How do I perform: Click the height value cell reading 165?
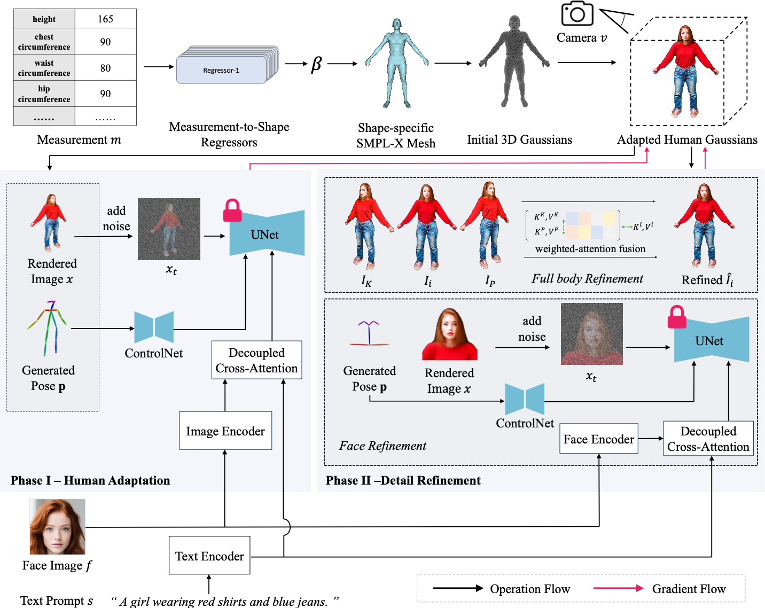106,19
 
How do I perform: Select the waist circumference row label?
44,67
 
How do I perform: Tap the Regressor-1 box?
221,70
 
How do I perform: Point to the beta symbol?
316,64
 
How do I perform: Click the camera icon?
577,13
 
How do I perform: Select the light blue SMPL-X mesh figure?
397,63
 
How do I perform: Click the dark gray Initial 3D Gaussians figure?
514,61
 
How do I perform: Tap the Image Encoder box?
225,431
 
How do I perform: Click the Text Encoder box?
209,556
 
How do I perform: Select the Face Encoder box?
599,439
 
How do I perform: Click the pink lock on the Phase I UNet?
232,210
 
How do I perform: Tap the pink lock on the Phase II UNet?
677,317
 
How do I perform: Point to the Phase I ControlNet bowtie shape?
154,327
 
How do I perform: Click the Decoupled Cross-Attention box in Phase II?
708,439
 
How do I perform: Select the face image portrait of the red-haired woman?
57,527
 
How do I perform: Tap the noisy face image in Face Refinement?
592,334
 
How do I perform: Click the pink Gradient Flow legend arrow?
619,588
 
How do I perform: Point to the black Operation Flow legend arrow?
458,588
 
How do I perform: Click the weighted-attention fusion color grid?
591,225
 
